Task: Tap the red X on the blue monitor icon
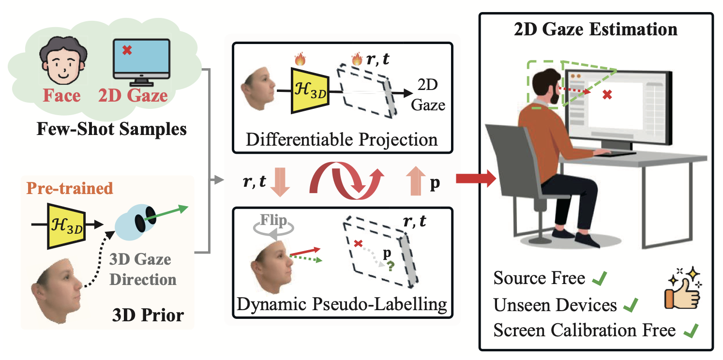click(x=127, y=50)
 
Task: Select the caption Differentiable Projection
click(x=342, y=140)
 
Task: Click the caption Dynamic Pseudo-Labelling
click(x=342, y=305)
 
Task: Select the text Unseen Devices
click(x=555, y=305)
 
